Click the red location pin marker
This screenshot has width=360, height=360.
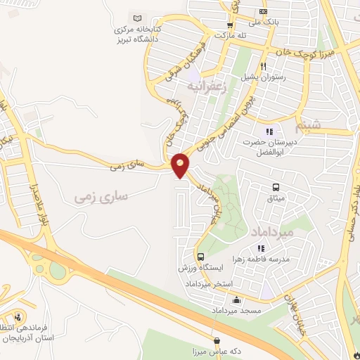[181, 165]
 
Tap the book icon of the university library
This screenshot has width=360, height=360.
[137, 18]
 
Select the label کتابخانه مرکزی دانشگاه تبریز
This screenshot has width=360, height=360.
[139, 35]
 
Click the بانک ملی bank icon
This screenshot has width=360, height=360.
[263, 11]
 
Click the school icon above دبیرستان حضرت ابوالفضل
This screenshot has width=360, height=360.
[268, 131]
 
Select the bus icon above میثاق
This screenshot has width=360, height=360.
[276, 187]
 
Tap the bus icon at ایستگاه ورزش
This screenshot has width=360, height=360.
[201, 257]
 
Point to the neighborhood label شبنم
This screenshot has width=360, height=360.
[311, 127]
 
